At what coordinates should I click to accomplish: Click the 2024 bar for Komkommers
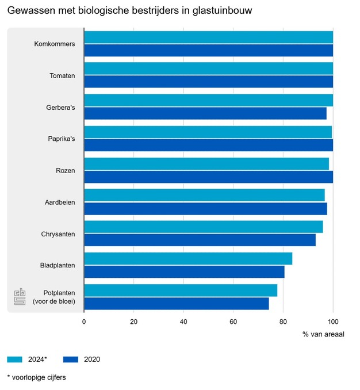[x=208, y=37]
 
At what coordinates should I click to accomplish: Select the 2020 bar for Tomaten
[x=208, y=82]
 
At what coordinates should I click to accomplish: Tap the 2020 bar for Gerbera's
[x=205, y=113]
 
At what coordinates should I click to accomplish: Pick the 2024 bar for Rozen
[x=206, y=164]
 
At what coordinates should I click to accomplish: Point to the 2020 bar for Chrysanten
[x=200, y=240]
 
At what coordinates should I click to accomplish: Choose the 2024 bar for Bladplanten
[x=188, y=259]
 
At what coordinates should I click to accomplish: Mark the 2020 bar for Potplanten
[x=176, y=303]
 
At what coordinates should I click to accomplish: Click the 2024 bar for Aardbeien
[x=204, y=196]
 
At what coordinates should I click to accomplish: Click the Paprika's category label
[x=61, y=139]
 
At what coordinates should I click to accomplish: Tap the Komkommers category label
[x=55, y=44]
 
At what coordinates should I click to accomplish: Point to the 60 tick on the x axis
[x=233, y=322]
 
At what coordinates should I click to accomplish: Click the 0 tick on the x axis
[x=84, y=322]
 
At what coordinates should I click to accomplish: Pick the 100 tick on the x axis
[x=333, y=322]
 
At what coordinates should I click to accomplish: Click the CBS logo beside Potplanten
[x=20, y=297]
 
